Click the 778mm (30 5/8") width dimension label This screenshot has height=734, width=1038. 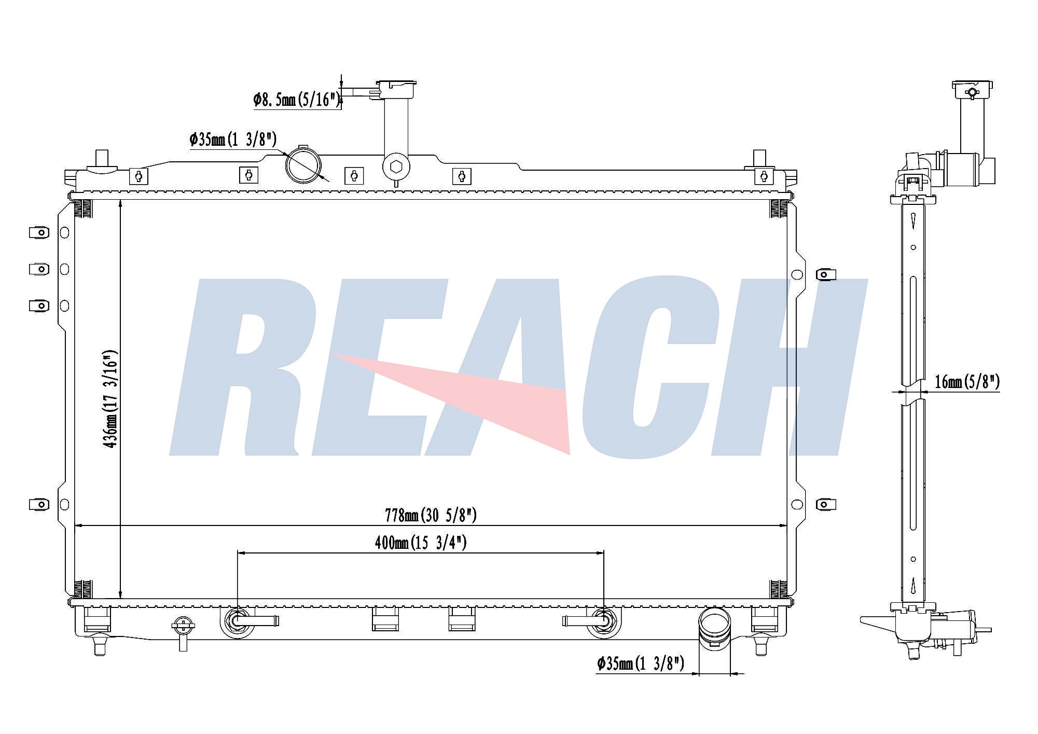(x=431, y=515)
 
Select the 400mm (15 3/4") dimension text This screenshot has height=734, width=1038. (x=421, y=543)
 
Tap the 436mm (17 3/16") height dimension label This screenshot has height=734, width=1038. (x=110, y=399)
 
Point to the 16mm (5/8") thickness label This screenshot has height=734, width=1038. (x=967, y=382)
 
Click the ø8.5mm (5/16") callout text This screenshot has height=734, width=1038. (x=297, y=99)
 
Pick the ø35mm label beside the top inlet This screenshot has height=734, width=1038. (x=233, y=139)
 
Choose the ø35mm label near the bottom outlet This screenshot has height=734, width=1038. (x=641, y=663)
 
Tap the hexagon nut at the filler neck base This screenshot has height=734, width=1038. (x=396, y=167)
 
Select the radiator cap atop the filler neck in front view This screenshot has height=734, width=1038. (x=397, y=89)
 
